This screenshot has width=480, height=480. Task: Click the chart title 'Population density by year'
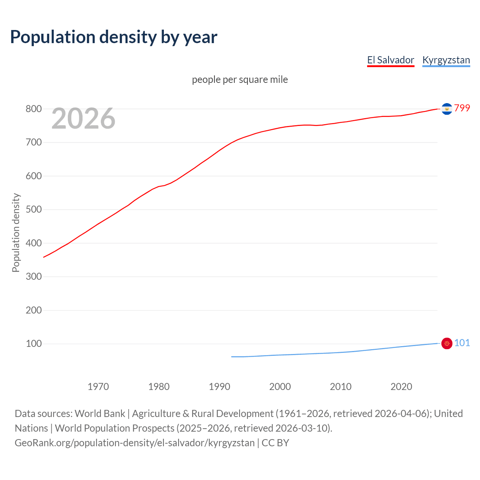click(114, 37)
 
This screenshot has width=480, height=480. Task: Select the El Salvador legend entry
click(390, 60)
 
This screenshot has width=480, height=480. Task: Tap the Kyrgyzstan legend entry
click(446, 60)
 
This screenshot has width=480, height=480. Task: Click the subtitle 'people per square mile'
click(240, 79)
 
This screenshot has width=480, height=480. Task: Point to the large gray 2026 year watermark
click(83, 118)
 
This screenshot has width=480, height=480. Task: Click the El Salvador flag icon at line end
click(447, 109)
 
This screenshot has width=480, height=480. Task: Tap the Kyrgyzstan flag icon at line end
click(447, 343)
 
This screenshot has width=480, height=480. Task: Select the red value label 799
click(462, 108)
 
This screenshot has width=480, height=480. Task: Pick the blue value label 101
click(462, 343)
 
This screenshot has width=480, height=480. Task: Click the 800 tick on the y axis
click(33, 109)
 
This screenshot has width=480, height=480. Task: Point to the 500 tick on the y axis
click(33, 210)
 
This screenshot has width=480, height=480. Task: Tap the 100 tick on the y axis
click(33, 344)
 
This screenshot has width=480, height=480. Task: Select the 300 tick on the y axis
click(33, 277)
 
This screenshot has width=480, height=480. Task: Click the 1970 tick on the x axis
click(98, 387)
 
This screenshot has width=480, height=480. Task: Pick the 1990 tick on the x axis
click(219, 387)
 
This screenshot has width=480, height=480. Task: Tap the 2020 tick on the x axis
click(401, 387)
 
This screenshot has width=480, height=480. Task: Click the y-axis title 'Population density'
click(16, 232)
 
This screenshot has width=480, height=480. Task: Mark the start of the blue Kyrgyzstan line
click(232, 357)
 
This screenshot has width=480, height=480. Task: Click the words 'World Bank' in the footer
click(100, 414)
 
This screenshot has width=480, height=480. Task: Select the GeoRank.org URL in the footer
click(135, 443)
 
